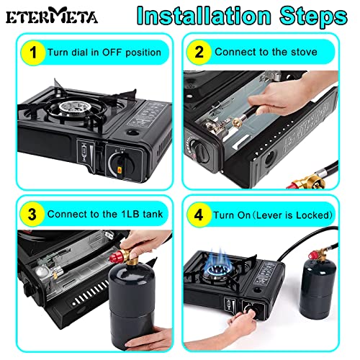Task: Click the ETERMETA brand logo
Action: tap(52, 16)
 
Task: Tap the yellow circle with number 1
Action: tap(33, 53)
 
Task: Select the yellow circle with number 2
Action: tap(199, 52)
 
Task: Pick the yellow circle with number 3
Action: tap(32, 215)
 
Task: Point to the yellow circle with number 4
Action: tap(199, 215)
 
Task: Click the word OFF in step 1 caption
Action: tap(112, 53)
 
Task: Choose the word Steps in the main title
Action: tap(313, 16)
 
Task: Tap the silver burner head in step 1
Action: tap(74, 107)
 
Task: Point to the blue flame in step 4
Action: tap(217, 264)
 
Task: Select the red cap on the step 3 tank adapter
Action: tap(116, 257)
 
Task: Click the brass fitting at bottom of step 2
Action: tap(308, 182)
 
